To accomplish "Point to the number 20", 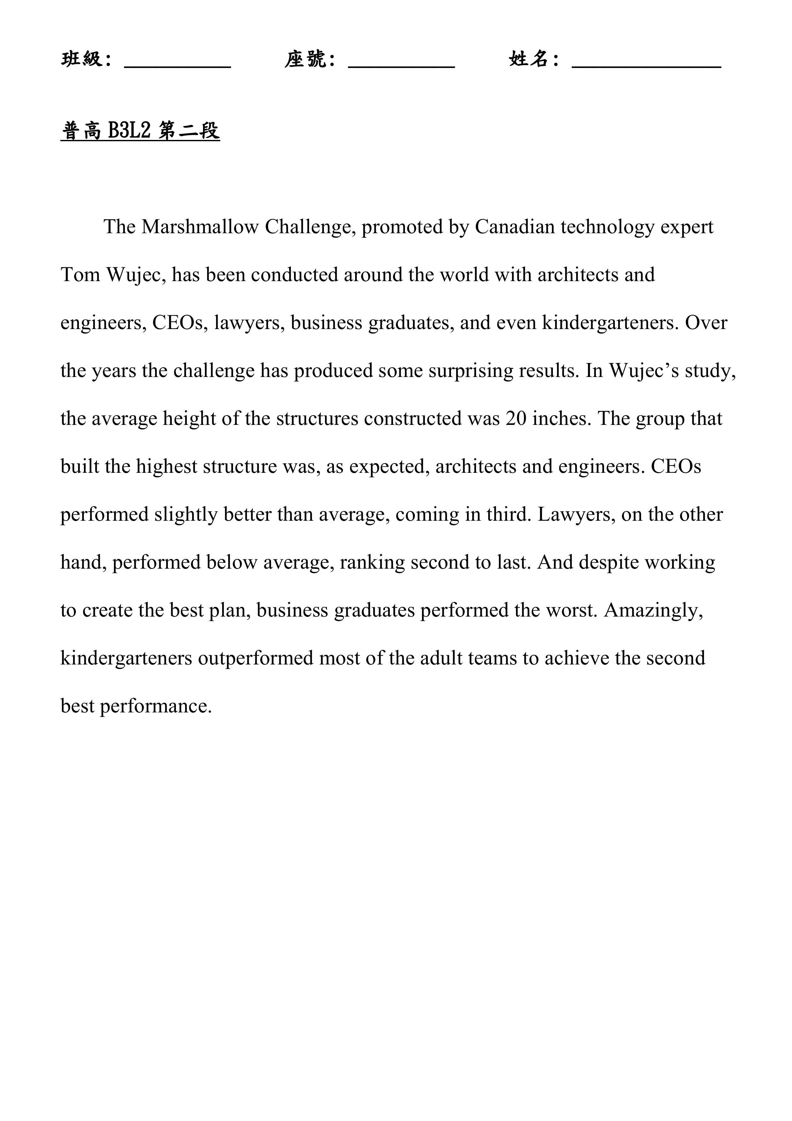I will pyautogui.click(x=516, y=418).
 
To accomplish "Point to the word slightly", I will pyautogui.click(x=186, y=515).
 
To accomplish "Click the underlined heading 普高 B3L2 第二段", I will pyautogui.click(x=140, y=131).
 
